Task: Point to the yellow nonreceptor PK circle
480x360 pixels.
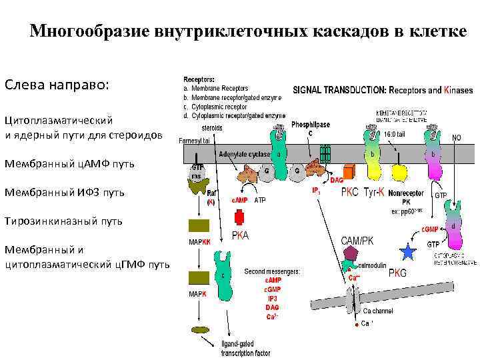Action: click(397, 179)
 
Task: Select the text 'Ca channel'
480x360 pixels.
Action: click(378, 311)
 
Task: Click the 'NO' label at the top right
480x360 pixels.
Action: click(457, 138)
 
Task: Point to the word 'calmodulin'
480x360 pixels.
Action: click(372, 265)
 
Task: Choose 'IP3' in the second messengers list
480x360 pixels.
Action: click(272, 299)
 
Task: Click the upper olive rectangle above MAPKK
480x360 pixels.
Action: click(199, 225)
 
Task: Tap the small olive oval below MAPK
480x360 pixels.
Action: click(199, 329)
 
